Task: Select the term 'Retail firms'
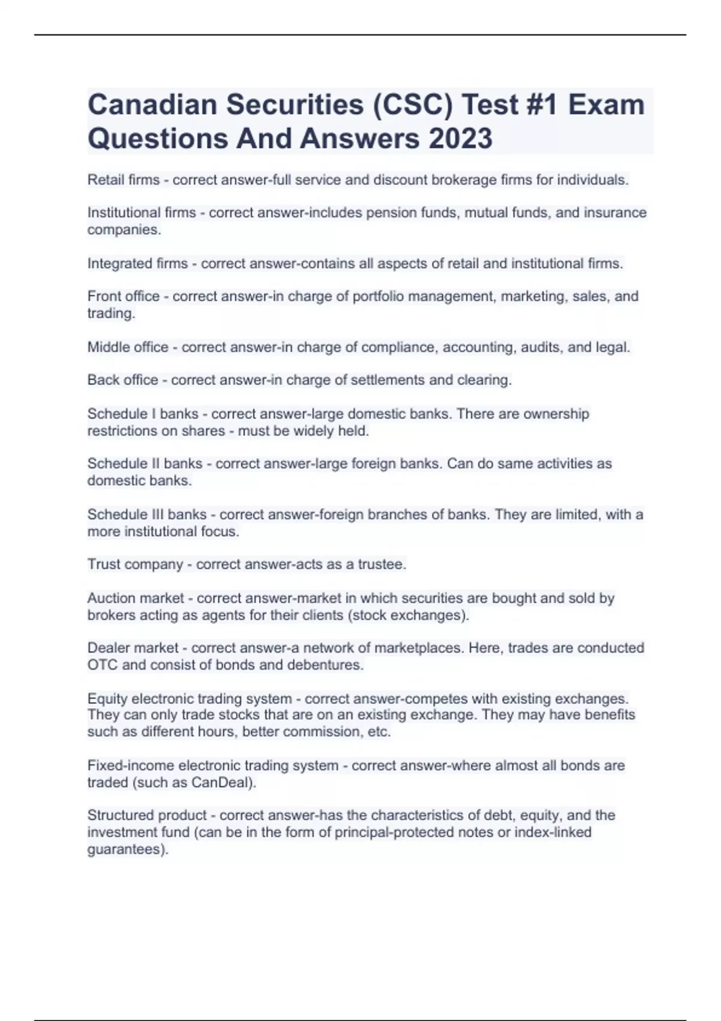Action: tap(123, 180)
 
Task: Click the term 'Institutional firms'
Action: tap(141, 213)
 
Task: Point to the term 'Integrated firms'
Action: tap(138, 264)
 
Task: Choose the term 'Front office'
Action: tap(123, 296)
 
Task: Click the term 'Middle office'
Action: tap(128, 347)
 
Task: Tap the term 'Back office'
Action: tap(123, 380)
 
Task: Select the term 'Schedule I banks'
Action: tap(142, 414)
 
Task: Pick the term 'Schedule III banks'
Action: tap(147, 515)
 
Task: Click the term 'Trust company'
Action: tap(135, 565)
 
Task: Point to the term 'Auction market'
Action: tap(135, 598)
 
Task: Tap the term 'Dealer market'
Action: tap(133, 648)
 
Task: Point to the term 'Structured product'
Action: tap(147, 816)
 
